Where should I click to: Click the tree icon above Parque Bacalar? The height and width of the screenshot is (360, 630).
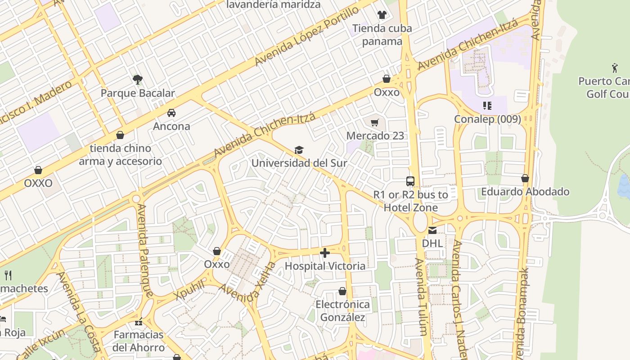[138, 80]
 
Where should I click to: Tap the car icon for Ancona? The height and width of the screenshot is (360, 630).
[171, 113]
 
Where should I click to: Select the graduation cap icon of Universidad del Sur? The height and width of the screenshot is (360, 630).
[299, 150]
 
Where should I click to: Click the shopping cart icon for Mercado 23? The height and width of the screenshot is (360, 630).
[375, 122]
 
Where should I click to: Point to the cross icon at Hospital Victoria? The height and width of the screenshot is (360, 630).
[325, 253]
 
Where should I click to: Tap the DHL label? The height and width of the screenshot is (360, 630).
[432, 243]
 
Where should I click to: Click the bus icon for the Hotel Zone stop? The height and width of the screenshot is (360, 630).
[410, 181]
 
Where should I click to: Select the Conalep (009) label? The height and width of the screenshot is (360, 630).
[487, 119]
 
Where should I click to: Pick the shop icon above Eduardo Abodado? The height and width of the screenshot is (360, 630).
[525, 179]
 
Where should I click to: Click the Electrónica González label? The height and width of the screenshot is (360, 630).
[342, 311]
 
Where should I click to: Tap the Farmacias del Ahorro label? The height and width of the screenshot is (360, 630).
[139, 341]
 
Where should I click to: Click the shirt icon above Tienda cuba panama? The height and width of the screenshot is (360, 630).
[382, 15]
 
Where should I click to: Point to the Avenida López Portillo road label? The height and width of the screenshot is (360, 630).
[307, 36]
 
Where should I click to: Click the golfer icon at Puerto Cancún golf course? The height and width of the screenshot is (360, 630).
[615, 68]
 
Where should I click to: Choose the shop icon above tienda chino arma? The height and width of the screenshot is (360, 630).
[120, 135]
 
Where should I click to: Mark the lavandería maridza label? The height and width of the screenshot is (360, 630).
[273, 5]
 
